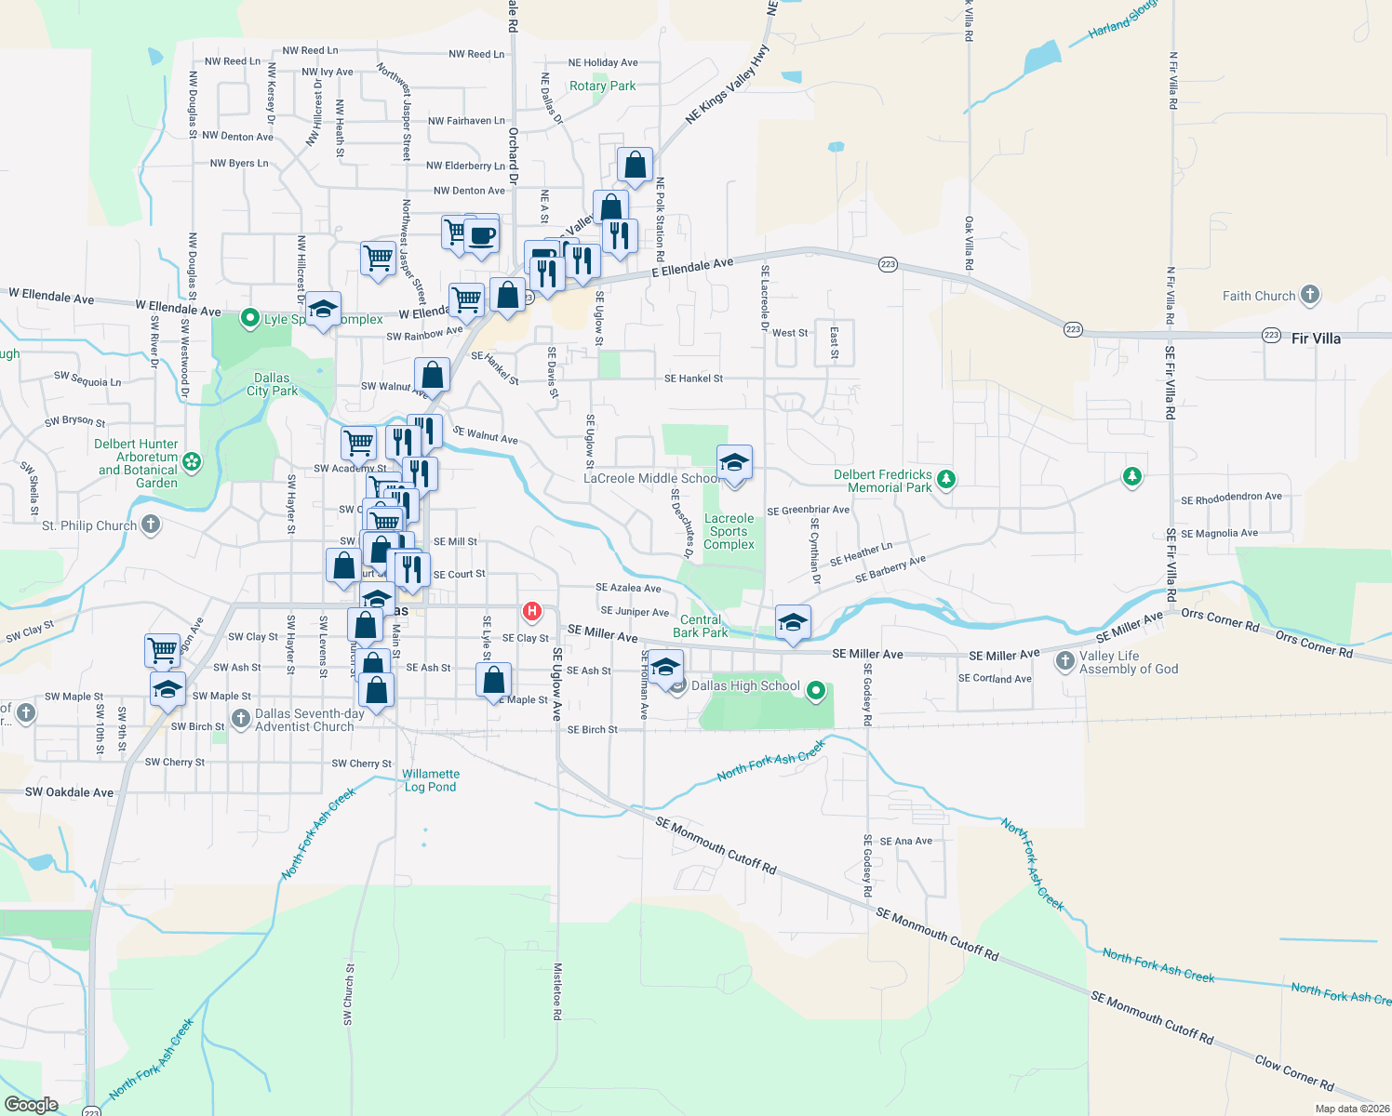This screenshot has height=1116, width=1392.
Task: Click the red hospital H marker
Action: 531,611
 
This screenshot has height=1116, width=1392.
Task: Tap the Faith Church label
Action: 1259,296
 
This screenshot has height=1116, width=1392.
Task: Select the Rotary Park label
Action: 602,86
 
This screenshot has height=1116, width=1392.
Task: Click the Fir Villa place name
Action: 1316,339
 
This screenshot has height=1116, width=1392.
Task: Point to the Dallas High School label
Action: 745,686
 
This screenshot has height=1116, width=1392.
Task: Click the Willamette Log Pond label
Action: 431,780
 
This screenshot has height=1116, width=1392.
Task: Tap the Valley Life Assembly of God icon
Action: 1065,661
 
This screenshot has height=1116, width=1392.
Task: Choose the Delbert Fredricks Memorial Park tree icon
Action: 946,480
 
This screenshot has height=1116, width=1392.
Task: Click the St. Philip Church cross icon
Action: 150,525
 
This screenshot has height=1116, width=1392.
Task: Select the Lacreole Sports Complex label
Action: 729,531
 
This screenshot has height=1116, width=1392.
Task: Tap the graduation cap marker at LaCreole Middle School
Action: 734,462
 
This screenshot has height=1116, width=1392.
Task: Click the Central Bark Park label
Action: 701,626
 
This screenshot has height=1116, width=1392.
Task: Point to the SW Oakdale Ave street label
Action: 69,792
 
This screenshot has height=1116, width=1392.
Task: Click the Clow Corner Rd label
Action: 1293,1072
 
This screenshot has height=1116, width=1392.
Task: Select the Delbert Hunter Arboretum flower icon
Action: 192,462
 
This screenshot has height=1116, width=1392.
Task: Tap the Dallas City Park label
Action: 272,384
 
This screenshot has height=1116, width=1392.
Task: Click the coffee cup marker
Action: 481,234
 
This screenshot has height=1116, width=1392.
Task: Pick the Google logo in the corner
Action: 31,1104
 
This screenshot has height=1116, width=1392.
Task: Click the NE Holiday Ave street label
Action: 603,62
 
